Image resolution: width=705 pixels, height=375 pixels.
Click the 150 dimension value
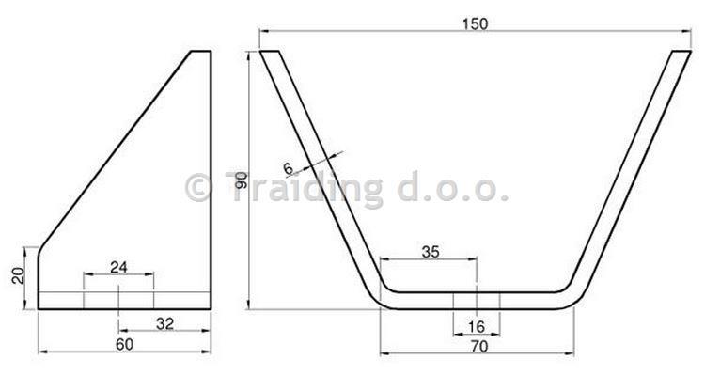click(475, 23)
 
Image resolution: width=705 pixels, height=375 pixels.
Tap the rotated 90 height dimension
click(241, 180)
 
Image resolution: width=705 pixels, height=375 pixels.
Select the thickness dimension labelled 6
click(289, 168)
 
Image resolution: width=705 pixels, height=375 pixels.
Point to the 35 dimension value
click(431, 252)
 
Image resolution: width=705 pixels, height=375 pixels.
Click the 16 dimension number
click(477, 327)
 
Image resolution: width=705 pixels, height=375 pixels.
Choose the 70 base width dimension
click(478, 347)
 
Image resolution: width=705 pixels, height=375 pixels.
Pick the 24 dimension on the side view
click(118, 267)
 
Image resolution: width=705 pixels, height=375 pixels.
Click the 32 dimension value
click(164, 323)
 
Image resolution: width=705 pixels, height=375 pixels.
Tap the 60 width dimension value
click(124, 344)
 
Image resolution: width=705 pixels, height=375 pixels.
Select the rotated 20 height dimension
click(18, 275)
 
